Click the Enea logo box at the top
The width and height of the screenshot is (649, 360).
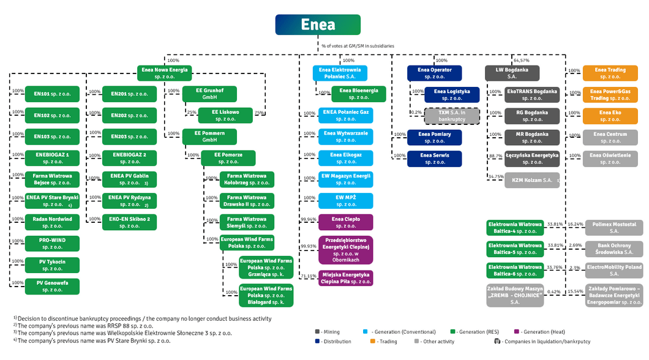pos(318,24)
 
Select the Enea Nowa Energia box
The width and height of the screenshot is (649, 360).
pos(163,73)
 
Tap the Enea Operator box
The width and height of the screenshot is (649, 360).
pos(434,73)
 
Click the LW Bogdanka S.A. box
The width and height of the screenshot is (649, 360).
pos(512,73)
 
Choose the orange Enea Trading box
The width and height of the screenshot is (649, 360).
pos(610,73)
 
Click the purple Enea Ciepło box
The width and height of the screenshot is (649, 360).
pos(345,222)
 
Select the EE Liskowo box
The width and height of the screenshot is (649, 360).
pos(226,115)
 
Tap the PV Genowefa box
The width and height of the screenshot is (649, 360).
pos(53,286)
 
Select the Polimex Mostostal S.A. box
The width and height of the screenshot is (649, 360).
pos(614,228)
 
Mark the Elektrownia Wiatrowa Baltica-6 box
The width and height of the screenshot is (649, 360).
pos(514,270)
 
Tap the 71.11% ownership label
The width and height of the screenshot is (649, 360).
pos(308,276)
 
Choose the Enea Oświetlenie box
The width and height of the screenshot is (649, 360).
pos(610,158)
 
